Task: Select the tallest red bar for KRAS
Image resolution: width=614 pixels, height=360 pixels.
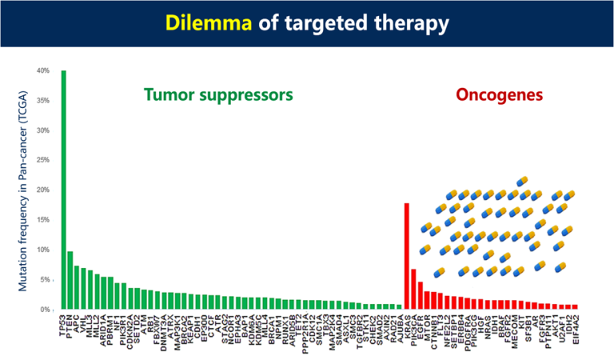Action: (407, 256)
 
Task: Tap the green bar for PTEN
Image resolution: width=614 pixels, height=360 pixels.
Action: (70, 280)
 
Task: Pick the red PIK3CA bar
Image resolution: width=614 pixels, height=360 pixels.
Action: (413, 289)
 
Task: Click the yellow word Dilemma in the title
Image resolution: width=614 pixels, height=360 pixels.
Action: (206, 24)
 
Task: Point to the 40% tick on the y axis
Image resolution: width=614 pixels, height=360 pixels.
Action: (42, 71)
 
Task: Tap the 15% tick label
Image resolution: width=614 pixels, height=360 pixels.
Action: (42, 220)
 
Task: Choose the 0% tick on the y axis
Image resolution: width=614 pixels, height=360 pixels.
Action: (43, 310)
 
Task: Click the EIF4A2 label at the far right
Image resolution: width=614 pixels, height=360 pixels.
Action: (574, 330)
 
